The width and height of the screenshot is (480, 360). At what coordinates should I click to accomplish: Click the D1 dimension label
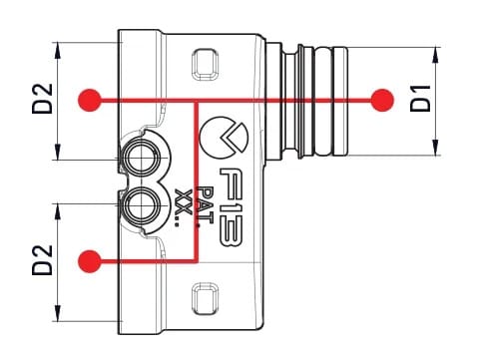point(420,100)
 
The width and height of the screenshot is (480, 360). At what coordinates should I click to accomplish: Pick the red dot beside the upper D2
point(91,100)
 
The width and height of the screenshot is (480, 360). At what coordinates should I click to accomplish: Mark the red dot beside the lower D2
point(91,261)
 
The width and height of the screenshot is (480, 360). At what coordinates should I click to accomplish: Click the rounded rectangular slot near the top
point(204,67)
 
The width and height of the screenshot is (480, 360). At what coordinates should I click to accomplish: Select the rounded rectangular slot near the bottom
point(204,296)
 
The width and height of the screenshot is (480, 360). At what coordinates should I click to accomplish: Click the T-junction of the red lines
point(200,100)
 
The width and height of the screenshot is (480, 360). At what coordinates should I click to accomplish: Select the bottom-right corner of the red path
point(200,261)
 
